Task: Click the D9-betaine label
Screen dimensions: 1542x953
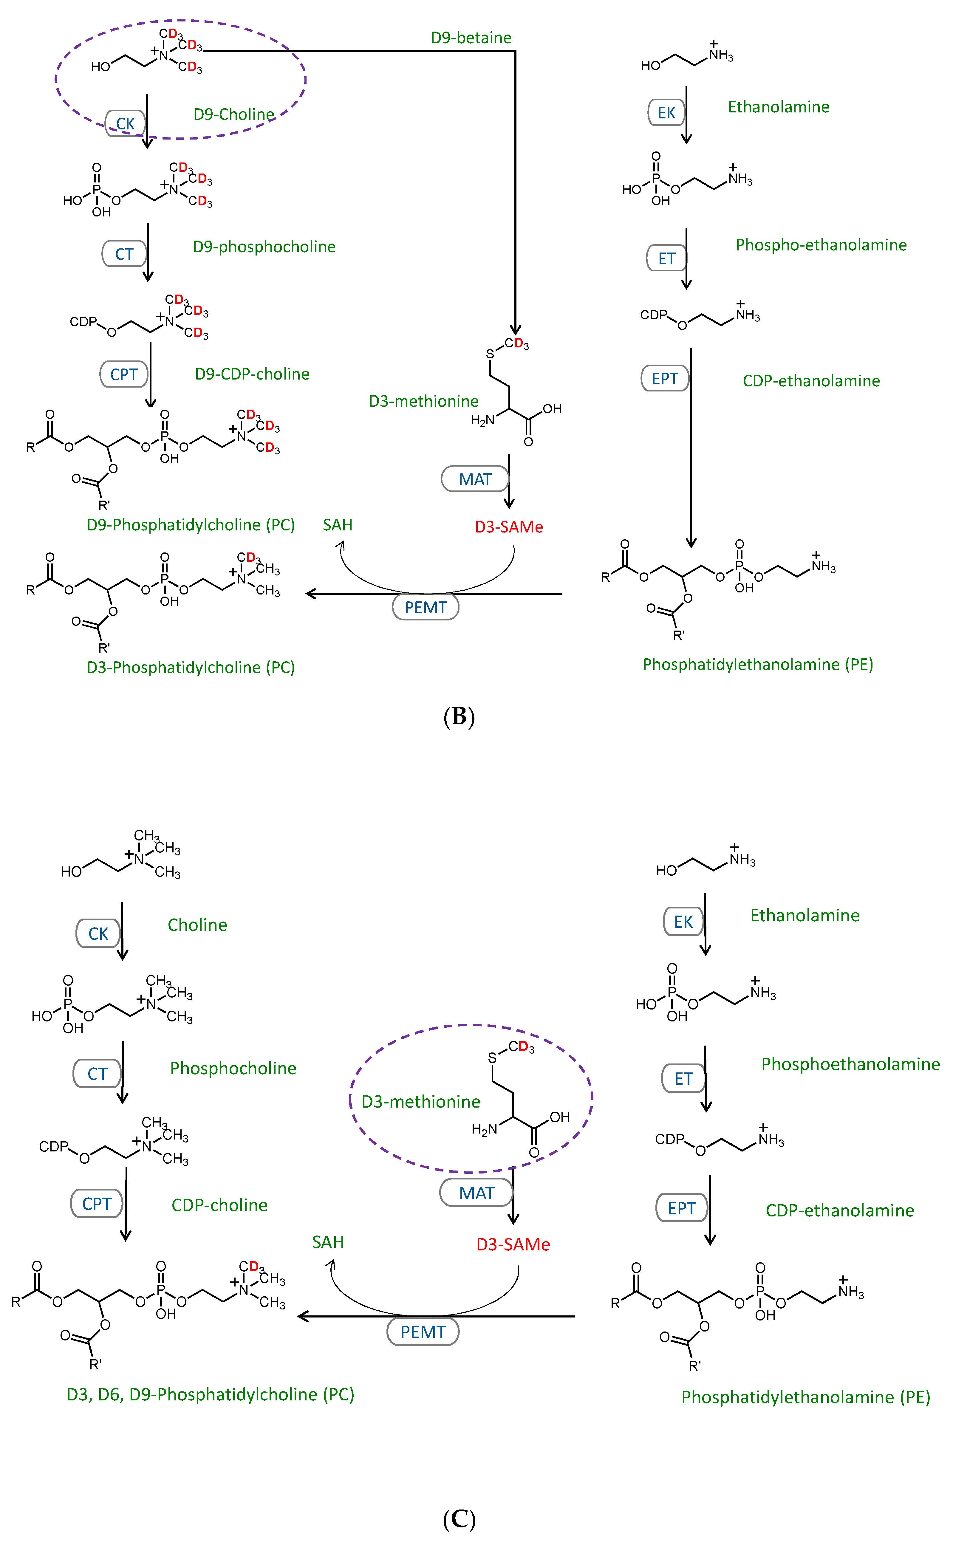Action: point(471,38)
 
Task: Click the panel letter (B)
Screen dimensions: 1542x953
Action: point(459,716)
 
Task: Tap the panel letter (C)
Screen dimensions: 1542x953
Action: point(459,1519)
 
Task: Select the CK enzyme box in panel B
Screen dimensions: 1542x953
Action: point(125,123)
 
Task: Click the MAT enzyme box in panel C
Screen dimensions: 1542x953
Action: point(476,1193)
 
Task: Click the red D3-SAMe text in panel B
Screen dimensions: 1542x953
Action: point(509,527)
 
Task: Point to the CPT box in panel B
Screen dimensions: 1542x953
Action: point(123,374)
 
